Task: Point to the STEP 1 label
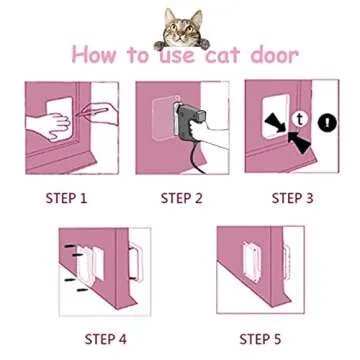[67, 198]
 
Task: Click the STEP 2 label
[182, 198]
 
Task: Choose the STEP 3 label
[292, 198]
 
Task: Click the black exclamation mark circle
[328, 124]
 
